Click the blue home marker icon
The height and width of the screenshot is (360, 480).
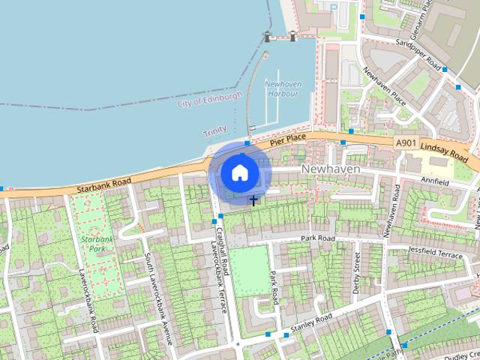point(239,173)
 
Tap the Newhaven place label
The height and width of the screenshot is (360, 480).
point(331,169)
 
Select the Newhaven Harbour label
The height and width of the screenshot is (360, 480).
point(282,88)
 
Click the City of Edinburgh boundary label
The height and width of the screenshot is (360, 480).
point(210,100)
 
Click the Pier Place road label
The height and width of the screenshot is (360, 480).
point(289,139)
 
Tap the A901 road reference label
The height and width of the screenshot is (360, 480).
point(406,142)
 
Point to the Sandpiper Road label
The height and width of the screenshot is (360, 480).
point(418,52)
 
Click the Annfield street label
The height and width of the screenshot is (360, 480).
point(456,181)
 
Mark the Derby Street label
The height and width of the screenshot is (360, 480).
point(356,266)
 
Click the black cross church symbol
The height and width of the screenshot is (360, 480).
point(253,200)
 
